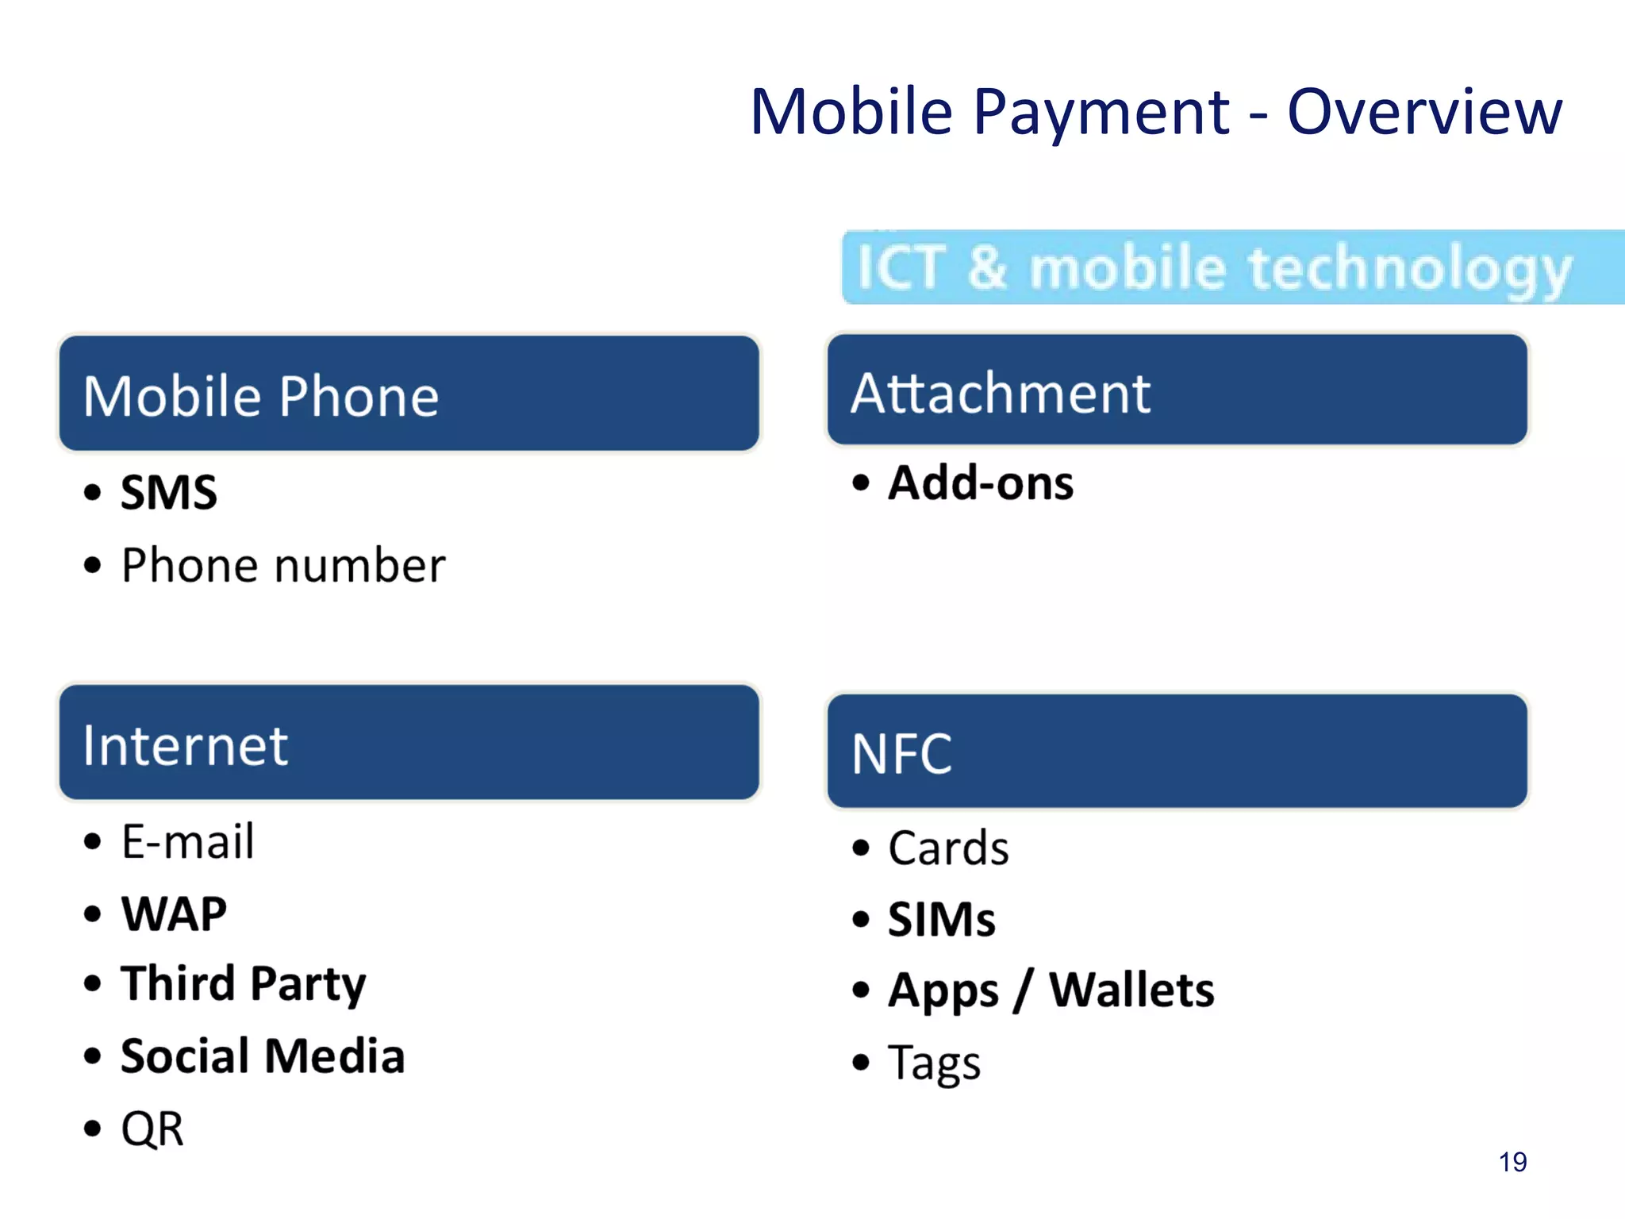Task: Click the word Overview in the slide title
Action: [x=1424, y=112]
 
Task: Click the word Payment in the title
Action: [x=1101, y=112]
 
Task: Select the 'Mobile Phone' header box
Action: [x=409, y=394]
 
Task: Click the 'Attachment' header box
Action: [x=1177, y=390]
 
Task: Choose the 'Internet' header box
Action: [x=409, y=743]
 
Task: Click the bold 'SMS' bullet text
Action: [x=169, y=492]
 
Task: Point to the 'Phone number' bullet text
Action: [x=283, y=565]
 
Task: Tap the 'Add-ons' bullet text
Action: [x=981, y=483]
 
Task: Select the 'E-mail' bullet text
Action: [x=188, y=841]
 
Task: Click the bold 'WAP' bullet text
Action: [x=174, y=913]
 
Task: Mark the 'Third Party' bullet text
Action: [x=244, y=984]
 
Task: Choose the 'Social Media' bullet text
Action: [x=263, y=1056]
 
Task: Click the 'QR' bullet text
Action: [x=152, y=1129]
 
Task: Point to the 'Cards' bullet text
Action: [x=948, y=848]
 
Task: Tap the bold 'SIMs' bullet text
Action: [x=942, y=919]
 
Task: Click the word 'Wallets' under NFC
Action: [x=1131, y=990]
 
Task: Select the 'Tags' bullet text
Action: [x=935, y=1063]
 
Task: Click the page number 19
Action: [x=1512, y=1162]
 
